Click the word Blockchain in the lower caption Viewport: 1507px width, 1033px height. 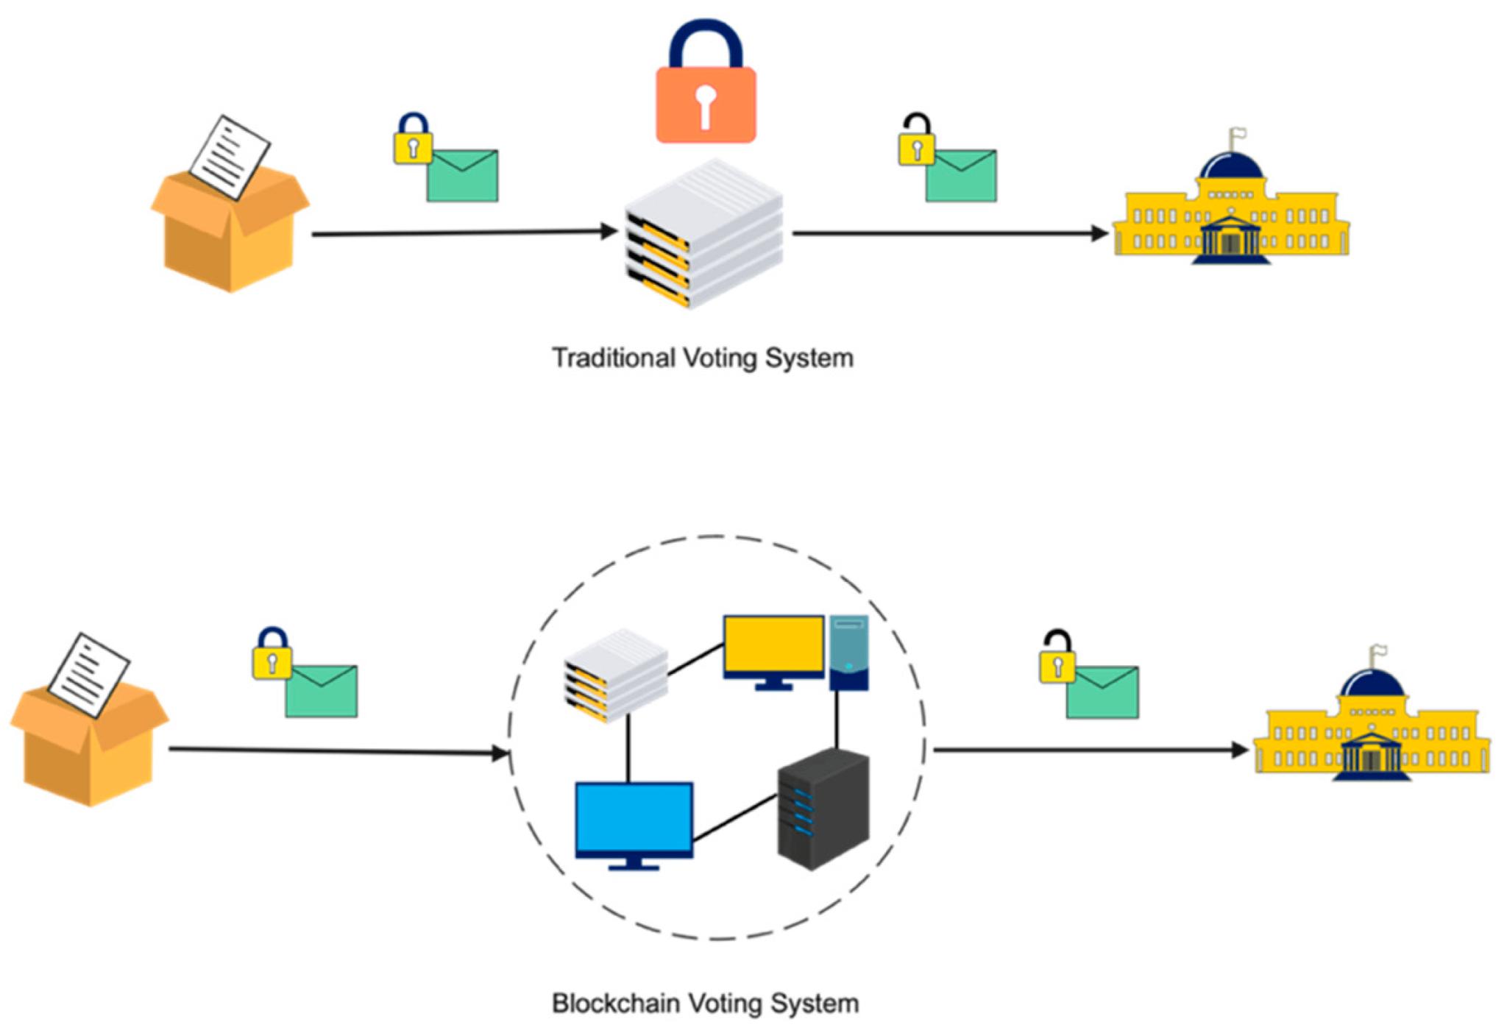click(x=615, y=1004)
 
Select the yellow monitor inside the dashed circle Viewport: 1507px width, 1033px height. click(x=773, y=645)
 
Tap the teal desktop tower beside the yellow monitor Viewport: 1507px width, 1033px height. click(x=848, y=652)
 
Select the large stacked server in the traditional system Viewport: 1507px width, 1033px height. click(x=703, y=233)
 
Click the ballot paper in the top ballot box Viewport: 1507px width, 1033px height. click(x=230, y=157)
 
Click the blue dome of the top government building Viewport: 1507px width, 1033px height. click(x=1231, y=166)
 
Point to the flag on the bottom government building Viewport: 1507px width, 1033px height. click(x=1379, y=650)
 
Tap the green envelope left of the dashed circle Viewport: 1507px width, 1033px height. click(x=322, y=691)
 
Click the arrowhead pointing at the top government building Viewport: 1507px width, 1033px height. click(x=1099, y=234)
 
